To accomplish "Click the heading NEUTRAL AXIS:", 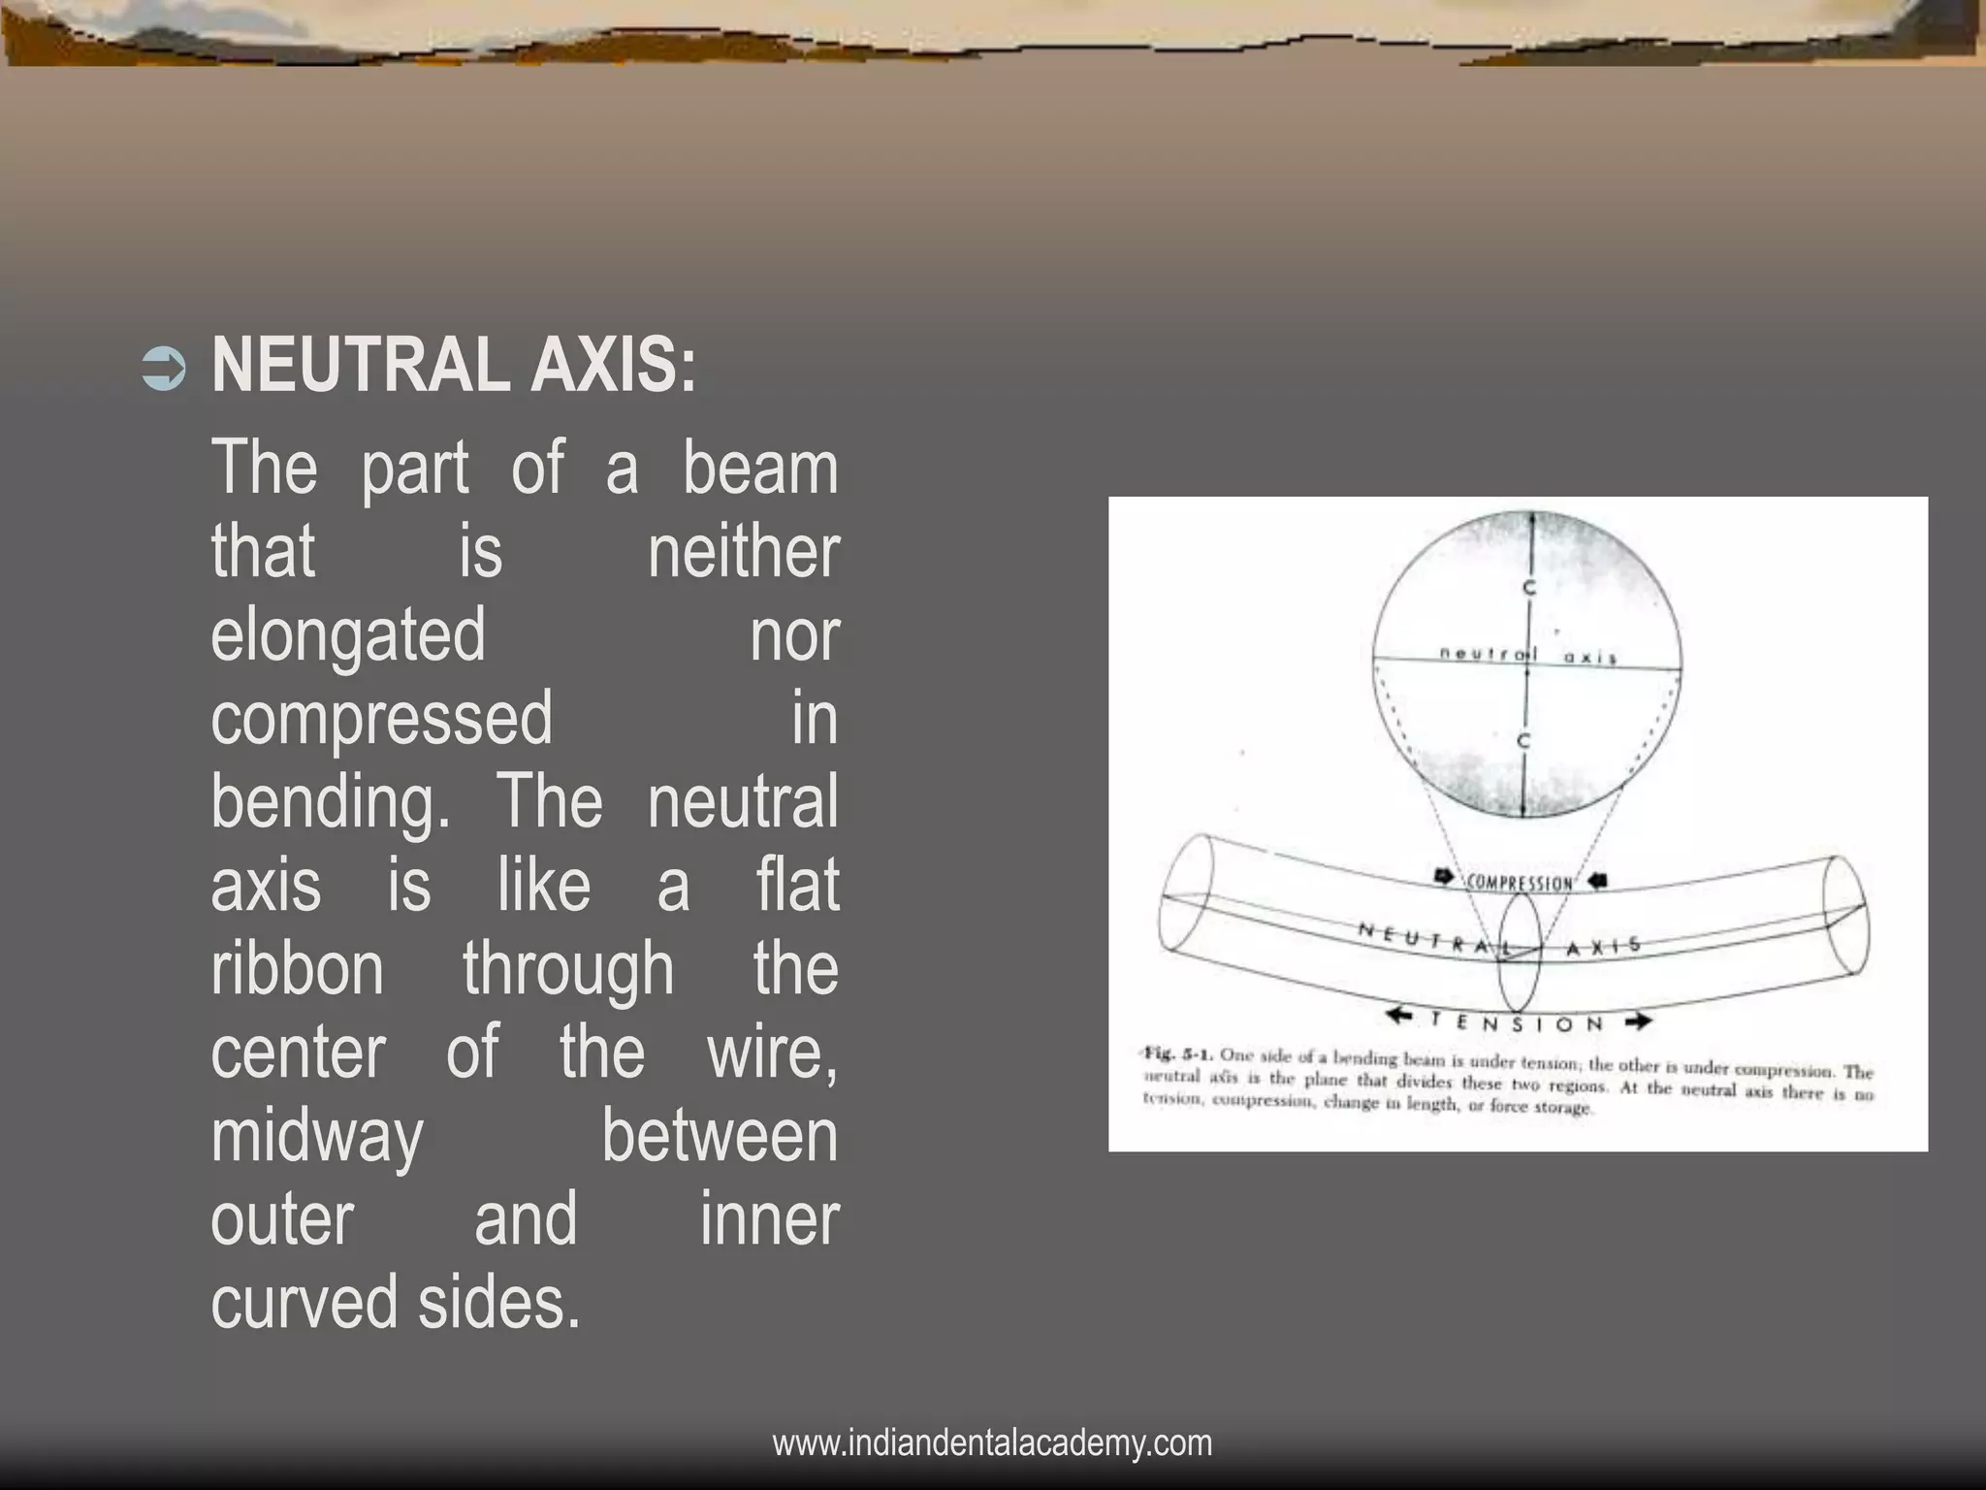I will coord(454,367).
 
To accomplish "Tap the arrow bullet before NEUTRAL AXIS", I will coord(163,371).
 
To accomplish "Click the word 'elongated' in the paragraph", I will coord(347,635).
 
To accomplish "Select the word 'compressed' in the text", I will coord(381,719).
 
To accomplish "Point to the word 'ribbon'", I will coord(298,969).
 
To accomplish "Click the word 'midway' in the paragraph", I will coord(317,1137).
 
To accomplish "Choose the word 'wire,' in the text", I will coord(773,1053).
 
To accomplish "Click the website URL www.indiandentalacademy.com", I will coord(992,1442).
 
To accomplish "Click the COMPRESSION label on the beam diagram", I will coord(1519,883).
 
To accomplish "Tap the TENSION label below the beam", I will coord(1516,1022).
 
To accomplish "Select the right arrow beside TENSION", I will coord(1638,1021).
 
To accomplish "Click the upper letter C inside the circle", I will coord(1528,588).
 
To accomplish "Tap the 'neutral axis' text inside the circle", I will coord(1527,656).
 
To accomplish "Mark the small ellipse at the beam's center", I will coord(1519,954).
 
